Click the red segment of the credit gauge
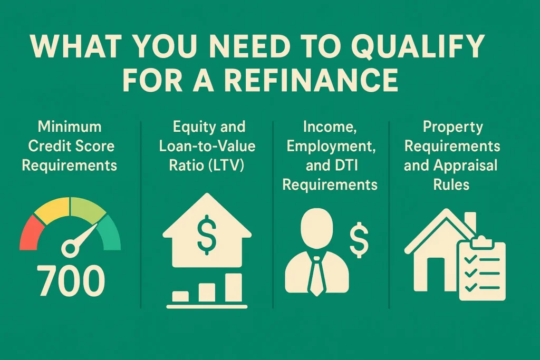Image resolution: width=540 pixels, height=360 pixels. [x=28, y=232]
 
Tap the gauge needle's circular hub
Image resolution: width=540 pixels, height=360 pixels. [x=70, y=246]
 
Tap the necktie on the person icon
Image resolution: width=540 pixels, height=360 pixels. [x=316, y=276]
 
